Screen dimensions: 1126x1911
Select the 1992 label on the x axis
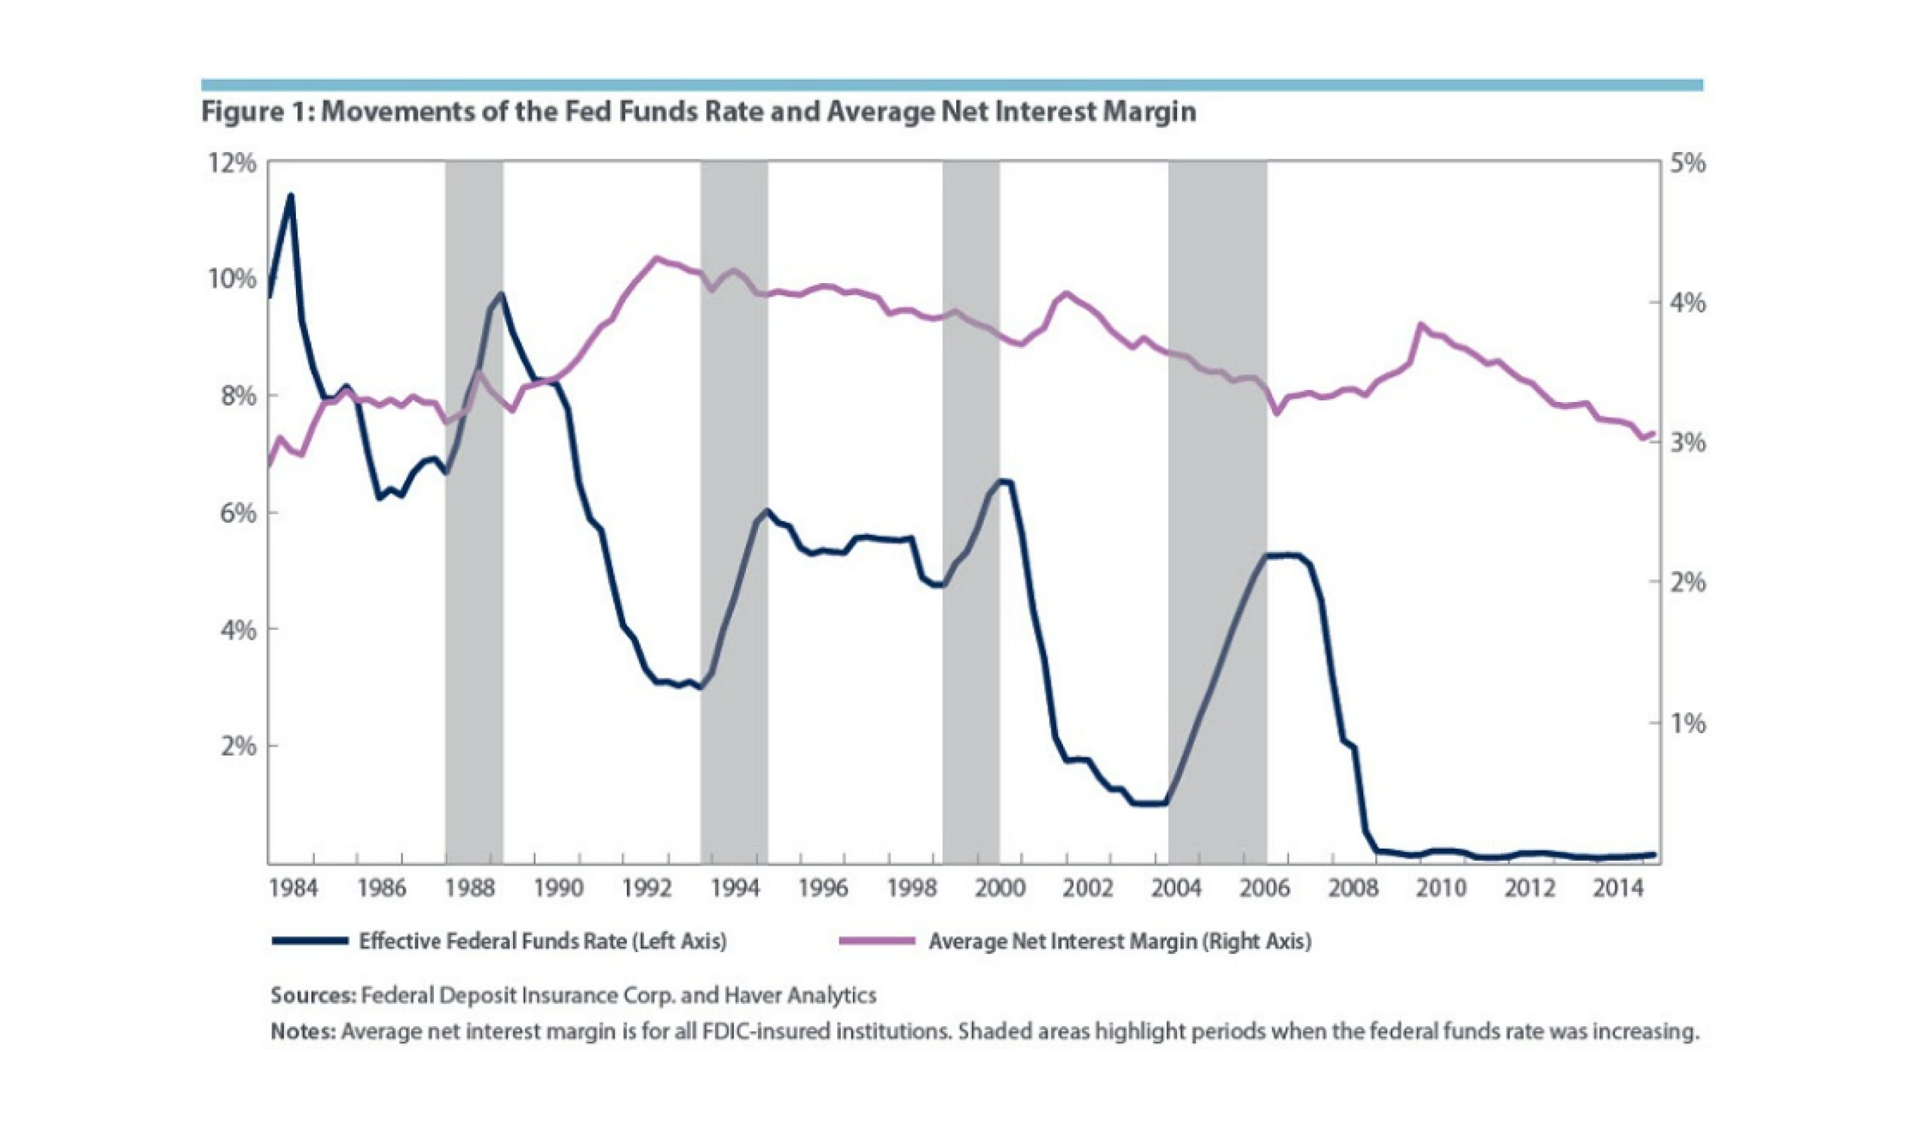coord(646,887)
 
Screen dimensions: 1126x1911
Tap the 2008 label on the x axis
coord(1353,887)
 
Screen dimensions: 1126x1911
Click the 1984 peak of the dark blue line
coord(289,196)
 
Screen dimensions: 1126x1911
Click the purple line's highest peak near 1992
coord(657,259)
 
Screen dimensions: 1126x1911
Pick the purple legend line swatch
coord(876,941)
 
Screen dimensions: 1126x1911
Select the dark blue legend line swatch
coord(309,941)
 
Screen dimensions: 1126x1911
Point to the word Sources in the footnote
coord(313,995)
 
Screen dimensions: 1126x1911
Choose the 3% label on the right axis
coord(1688,442)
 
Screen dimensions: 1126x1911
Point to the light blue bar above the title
coord(952,85)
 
